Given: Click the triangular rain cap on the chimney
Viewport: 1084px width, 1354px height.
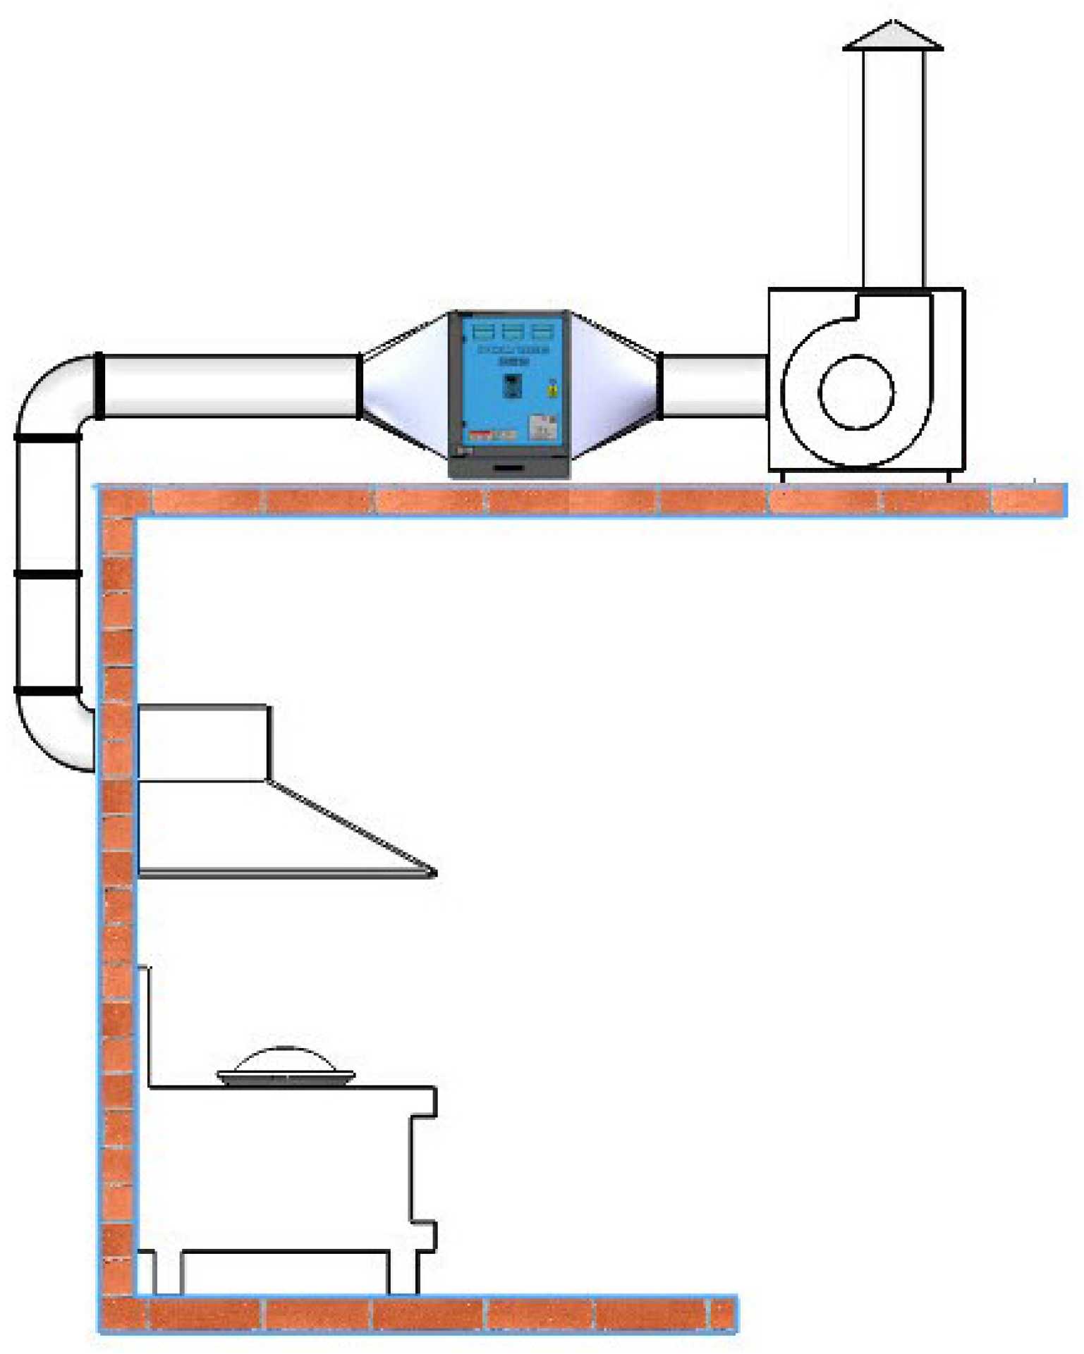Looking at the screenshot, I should coord(893,37).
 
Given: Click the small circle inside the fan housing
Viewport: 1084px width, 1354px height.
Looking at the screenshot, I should coord(856,393).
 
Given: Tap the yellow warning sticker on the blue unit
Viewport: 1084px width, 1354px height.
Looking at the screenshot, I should coord(552,390).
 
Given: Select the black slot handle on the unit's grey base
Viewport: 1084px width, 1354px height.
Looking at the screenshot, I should coord(508,467).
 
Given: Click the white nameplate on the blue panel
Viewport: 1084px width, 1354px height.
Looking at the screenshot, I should coord(542,427).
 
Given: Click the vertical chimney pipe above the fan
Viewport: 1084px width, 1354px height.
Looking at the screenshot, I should coord(894,169).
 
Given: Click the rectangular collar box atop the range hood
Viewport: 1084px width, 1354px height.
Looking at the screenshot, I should coord(203,742).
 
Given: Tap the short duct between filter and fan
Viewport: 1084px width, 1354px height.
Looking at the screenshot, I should coord(714,386).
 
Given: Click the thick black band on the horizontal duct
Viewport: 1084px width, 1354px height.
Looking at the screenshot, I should coord(99,386).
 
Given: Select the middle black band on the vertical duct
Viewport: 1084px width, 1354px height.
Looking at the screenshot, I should coord(48,574).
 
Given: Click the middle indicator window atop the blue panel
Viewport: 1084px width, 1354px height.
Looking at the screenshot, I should coord(513,331).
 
